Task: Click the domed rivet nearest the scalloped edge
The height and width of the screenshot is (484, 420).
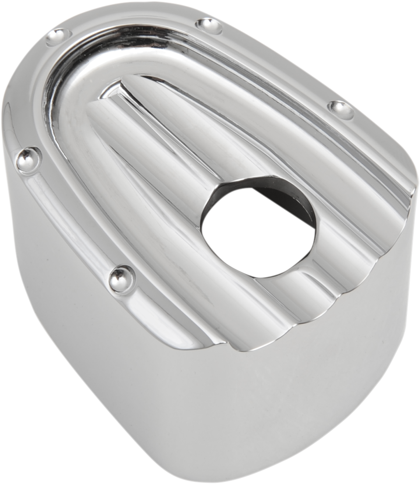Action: coord(120,277)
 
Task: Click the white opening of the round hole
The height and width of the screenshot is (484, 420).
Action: coord(256,237)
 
